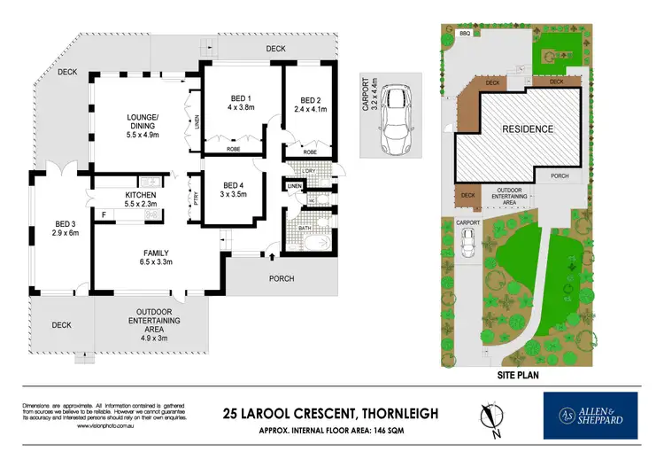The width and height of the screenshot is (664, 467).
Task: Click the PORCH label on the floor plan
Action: click(x=282, y=279)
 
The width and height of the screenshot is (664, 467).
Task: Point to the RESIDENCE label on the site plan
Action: click(x=529, y=129)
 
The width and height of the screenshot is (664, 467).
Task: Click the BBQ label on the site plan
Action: click(x=466, y=34)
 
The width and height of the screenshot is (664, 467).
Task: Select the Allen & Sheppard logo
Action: click(x=591, y=416)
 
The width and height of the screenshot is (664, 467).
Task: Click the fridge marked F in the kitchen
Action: click(x=103, y=214)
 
